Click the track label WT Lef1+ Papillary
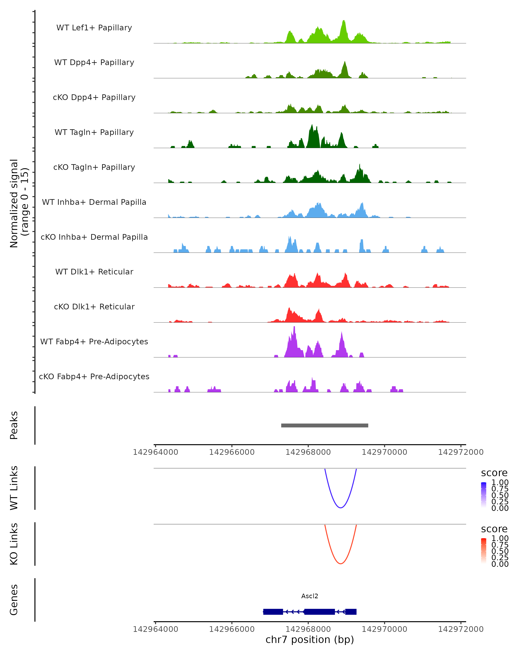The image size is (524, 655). click(x=94, y=28)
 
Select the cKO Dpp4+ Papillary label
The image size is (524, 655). click(x=94, y=97)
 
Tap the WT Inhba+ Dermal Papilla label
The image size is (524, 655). click(x=94, y=202)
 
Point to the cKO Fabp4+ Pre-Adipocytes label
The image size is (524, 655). click(x=94, y=376)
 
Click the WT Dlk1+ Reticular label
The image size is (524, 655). click(x=94, y=272)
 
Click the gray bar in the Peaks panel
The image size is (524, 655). click(x=324, y=425)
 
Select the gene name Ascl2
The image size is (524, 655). click(x=310, y=596)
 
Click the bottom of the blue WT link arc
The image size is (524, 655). click(x=341, y=508)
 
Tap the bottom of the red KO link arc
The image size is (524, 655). click(x=341, y=564)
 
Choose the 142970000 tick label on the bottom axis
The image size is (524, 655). click(x=384, y=629)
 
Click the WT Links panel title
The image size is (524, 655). click(x=14, y=488)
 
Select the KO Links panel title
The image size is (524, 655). click(x=14, y=544)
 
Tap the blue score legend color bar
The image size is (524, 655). click(x=484, y=495)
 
